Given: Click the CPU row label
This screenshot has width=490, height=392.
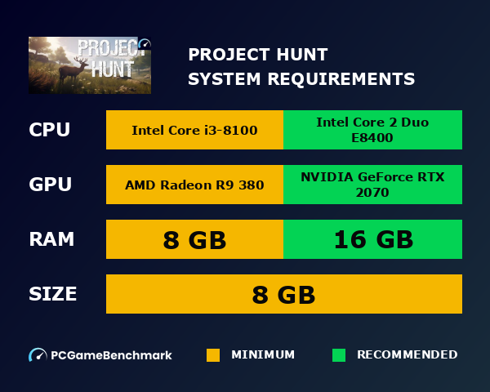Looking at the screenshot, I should tap(50, 130).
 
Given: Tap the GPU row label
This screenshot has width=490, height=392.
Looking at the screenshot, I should tap(51, 185).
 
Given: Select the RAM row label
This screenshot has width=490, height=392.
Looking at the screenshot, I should tap(51, 239).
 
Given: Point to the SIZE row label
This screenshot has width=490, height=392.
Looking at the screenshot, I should tap(53, 294).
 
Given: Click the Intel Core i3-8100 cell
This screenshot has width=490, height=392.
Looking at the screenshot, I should tap(194, 130).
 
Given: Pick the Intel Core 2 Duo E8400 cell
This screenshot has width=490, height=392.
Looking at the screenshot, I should tap(372, 130).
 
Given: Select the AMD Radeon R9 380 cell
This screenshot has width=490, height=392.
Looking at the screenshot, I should tap(194, 185).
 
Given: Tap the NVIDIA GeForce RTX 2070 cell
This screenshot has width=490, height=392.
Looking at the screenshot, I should tap(372, 185).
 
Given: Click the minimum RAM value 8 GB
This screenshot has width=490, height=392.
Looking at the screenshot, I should tap(194, 239).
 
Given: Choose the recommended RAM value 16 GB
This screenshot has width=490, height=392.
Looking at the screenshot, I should tap(372, 239).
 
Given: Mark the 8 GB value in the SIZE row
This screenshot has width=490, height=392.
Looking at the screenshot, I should tap(283, 294).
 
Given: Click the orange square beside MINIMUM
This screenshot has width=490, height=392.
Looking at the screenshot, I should tap(213, 355).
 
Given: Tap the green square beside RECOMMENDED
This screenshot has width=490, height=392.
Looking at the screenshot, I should tap(339, 355).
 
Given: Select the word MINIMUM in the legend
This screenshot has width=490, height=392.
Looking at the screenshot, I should tap(263, 355).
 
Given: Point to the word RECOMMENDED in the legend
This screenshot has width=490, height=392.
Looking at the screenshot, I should tap(408, 355).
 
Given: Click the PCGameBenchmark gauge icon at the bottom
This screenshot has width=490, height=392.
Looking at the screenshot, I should tap(38, 355).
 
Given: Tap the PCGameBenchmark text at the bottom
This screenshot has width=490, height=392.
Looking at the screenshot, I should tap(111, 355).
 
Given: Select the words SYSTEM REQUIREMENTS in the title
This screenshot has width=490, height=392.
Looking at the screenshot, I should tap(301, 79).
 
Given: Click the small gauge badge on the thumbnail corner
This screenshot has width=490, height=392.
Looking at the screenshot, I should tap(145, 44).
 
